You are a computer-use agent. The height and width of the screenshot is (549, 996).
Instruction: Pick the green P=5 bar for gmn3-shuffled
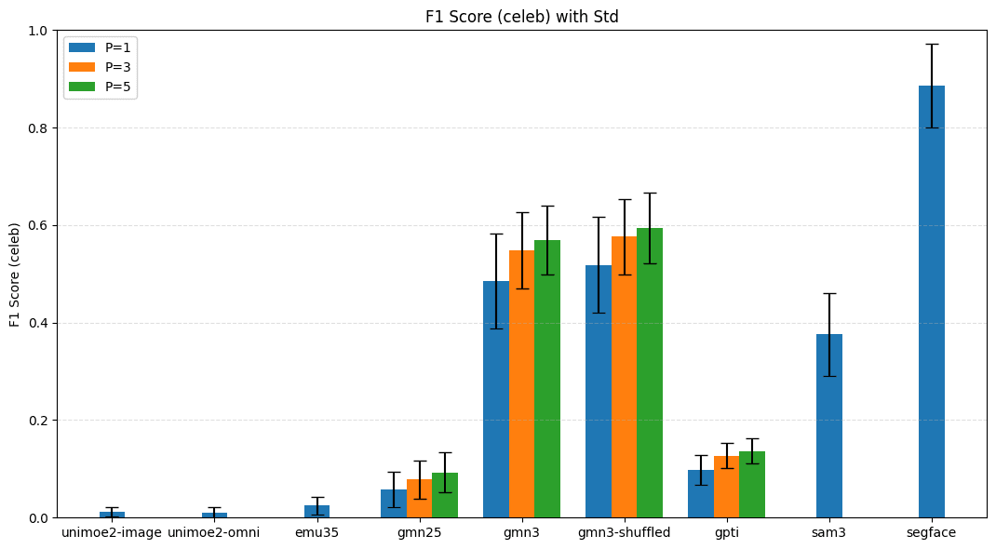coord(650,372)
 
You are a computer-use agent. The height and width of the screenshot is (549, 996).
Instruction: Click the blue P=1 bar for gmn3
coord(496,399)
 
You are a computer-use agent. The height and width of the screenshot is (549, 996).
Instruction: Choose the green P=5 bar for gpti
coord(752,485)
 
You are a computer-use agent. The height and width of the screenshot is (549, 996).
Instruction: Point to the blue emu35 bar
coord(316,512)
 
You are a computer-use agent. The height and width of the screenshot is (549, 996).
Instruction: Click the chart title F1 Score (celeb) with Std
coord(521,17)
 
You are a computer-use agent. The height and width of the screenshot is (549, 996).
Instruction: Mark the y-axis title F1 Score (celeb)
coord(15,274)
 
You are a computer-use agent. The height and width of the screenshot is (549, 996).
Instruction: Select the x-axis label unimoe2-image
coord(112,533)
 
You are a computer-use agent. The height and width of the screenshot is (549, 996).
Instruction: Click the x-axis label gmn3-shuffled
coord(624,533)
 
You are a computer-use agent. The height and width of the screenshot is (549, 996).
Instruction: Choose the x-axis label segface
coord(931,533)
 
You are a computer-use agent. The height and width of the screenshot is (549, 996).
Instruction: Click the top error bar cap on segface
coord(931,44)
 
